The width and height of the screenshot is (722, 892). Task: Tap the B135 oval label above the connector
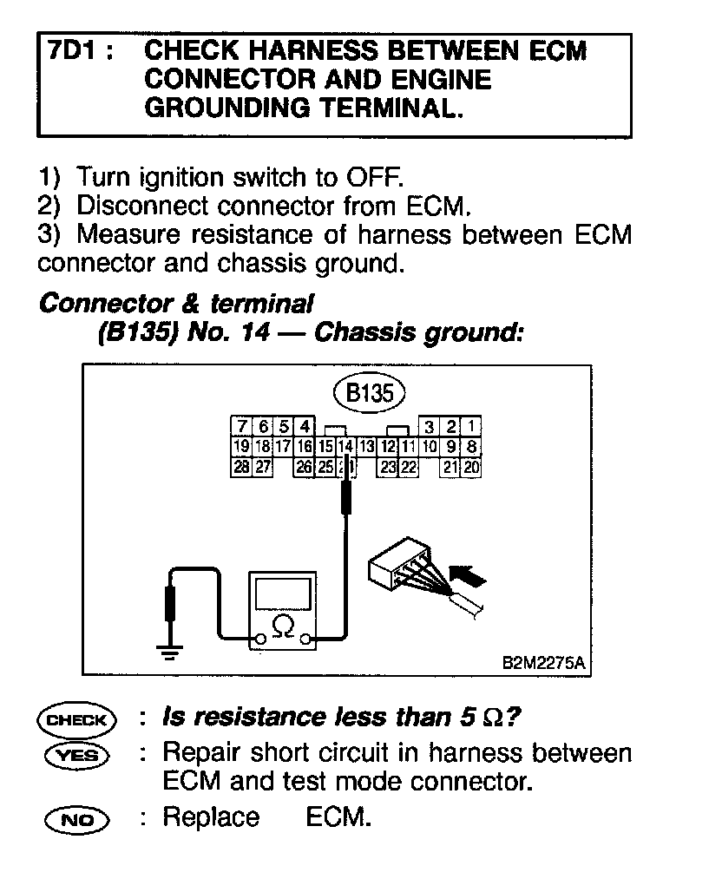pos(370,393)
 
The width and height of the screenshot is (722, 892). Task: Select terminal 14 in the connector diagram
pos(345,447)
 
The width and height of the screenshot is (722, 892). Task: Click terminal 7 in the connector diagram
pos(241,427)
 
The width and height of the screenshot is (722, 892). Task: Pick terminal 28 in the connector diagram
pos(241,467)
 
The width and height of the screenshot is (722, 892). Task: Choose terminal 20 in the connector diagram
pos(471,467)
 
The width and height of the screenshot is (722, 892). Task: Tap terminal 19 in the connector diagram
pos(241,447)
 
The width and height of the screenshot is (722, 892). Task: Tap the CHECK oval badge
pos(76,719)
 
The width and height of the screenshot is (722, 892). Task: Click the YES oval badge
pos(76,755)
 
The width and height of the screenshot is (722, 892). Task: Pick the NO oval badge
pos(76,818)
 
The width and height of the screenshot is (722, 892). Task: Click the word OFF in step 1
pos(374,179)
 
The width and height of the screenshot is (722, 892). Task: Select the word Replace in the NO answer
pos(211,817)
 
